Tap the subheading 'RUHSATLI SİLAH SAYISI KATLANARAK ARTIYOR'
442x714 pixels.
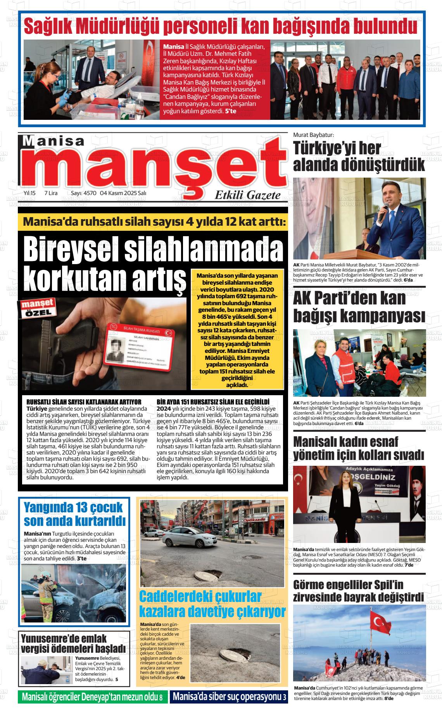[x=84, y=401]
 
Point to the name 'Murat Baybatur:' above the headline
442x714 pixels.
[x=313, y=135]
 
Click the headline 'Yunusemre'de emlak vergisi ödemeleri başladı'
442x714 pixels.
[x=73, y=643]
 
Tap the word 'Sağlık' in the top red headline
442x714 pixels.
[x=47, y=26]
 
